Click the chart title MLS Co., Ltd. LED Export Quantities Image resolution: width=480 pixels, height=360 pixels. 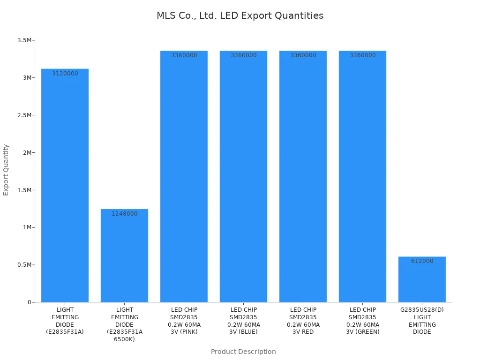tap(240, 15)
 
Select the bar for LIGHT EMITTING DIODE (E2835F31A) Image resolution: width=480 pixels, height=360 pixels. tap(65, 187)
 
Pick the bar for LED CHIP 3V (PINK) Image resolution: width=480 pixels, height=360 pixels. tap(184, 178)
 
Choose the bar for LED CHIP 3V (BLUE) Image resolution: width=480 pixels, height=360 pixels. tap(243, 178)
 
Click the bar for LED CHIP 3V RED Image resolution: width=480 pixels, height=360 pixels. tap(303, 178)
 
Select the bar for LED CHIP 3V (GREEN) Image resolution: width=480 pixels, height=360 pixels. tap(362, 178)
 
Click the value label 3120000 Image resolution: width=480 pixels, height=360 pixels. tap(65, 74)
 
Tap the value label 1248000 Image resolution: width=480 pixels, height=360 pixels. tap(124, 214)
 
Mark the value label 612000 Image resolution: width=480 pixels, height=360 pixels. tap(422, 261)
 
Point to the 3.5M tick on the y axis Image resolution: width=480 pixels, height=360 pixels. tap(24, 40)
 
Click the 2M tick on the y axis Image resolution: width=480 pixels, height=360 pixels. tap(26, 153)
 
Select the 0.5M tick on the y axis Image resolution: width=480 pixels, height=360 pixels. tap(24, 265)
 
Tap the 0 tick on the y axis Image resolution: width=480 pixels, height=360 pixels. tap(29, 302)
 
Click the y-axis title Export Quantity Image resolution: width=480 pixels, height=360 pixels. tap(6, 170)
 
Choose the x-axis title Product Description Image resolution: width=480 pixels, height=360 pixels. tap(243, 352)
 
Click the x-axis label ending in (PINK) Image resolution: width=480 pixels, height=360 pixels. tap(184, 321)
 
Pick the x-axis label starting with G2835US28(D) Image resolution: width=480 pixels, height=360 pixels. tap(422, 321)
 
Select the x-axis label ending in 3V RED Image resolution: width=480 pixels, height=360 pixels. tap(303, 321)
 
